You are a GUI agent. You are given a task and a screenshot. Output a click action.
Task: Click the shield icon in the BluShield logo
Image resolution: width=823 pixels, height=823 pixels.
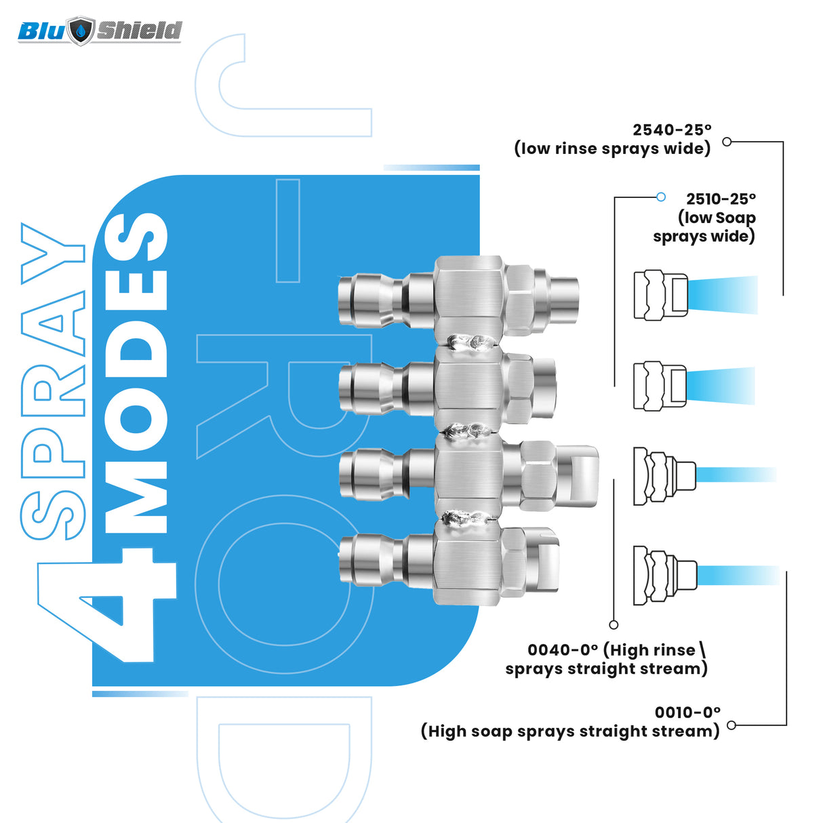click(81, 31)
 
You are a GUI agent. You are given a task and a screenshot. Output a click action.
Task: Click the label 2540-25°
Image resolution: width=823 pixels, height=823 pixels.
click(672, 129)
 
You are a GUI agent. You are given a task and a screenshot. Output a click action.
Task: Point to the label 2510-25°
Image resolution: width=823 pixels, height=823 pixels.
click(721, 199)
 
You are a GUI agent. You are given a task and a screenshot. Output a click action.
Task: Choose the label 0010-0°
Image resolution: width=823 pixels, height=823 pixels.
click(687, 712)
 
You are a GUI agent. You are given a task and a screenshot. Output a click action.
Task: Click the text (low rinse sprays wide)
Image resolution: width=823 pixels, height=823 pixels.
click(612, 148)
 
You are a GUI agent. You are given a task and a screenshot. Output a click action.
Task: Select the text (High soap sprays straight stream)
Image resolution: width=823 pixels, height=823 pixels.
click(569, 731)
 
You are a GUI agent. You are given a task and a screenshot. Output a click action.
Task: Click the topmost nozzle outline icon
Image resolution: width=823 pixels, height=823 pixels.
click(660, 295)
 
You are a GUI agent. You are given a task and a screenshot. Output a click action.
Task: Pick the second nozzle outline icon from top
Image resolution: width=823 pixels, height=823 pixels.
click(660, 386)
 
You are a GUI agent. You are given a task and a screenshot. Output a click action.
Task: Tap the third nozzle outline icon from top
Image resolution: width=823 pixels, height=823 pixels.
click(664, 475)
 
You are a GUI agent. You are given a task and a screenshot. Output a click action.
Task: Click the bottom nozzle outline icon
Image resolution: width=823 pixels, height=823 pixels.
click(664, 575)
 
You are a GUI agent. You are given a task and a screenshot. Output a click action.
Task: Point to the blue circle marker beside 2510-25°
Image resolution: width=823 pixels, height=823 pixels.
click(661, 197)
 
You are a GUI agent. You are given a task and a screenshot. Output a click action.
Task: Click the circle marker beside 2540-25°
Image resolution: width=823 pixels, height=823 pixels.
click(727, 142)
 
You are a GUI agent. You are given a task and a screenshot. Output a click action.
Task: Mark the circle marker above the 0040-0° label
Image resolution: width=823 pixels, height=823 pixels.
click(614, 624)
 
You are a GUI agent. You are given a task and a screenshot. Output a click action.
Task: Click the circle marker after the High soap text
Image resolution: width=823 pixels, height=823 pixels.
click(731, 725)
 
